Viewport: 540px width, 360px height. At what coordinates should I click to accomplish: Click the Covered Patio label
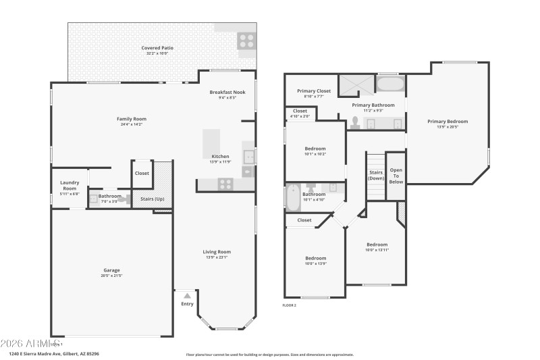[157, 48]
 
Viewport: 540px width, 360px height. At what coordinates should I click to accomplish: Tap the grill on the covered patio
[246, 41]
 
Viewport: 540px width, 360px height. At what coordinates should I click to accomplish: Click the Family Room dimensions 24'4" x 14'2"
[132, 124]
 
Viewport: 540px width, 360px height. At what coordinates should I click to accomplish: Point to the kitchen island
[212, 142]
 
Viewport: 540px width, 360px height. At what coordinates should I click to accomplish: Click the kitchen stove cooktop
[225, 183]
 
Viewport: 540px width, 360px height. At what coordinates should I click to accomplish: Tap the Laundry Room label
[70, 184]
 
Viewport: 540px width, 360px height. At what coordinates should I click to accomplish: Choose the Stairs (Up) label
[151, 199]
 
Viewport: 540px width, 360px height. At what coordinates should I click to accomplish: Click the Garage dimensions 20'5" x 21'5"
[111, 276]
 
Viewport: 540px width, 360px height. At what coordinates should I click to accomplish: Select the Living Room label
[217, 252]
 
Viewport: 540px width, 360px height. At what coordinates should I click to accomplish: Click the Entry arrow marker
[187, 295]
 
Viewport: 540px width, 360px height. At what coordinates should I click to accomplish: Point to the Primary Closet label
[313, 91]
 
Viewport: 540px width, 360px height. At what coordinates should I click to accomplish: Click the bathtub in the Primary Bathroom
[390, 84]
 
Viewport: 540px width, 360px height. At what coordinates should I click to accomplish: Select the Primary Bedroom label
[447, 122]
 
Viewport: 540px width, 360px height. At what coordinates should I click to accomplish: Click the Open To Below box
[396, 176]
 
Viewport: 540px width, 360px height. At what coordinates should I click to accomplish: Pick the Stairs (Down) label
[376, 174]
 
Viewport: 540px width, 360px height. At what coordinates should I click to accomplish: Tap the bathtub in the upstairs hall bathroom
[294, 198]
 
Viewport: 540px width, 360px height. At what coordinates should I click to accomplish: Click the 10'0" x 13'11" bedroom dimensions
[377, 250]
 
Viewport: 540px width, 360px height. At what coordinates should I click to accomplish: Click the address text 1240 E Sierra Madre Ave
[40, 354]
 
